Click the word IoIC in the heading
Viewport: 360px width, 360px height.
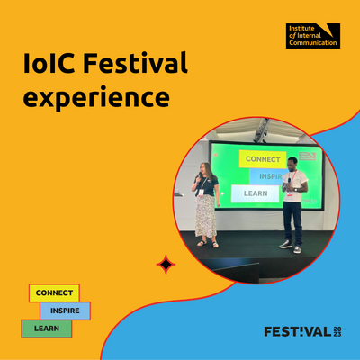[x=49, y=63]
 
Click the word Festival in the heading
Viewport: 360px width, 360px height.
[x=135, y=62]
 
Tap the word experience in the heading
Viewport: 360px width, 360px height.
[x=96, y=98]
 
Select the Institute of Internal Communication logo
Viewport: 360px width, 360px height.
[x=313, y=36]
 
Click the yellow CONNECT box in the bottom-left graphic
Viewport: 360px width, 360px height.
[x=54, y=292]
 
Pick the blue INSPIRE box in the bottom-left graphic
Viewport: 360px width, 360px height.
[x=65, y=310]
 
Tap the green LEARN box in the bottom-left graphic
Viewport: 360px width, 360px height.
[x=47, y=328]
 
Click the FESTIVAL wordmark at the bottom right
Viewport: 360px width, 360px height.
[x=298, y=331]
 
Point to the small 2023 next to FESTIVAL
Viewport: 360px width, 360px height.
[x=337, y=331]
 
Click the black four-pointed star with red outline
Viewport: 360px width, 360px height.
[x=166, y=265]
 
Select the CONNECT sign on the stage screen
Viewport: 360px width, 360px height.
[x=263, y=159]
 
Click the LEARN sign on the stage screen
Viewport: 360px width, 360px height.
[x=256, y=193]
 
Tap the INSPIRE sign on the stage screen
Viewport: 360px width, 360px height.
[x=268, y=176]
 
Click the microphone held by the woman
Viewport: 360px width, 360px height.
[x=200, y=177]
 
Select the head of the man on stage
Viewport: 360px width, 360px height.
[x=292, y=164]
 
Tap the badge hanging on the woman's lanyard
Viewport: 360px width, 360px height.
[x=201, y=193]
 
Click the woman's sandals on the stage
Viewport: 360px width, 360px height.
[x=208, y=244]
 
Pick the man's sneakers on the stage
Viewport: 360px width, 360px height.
[x=290, y=247]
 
